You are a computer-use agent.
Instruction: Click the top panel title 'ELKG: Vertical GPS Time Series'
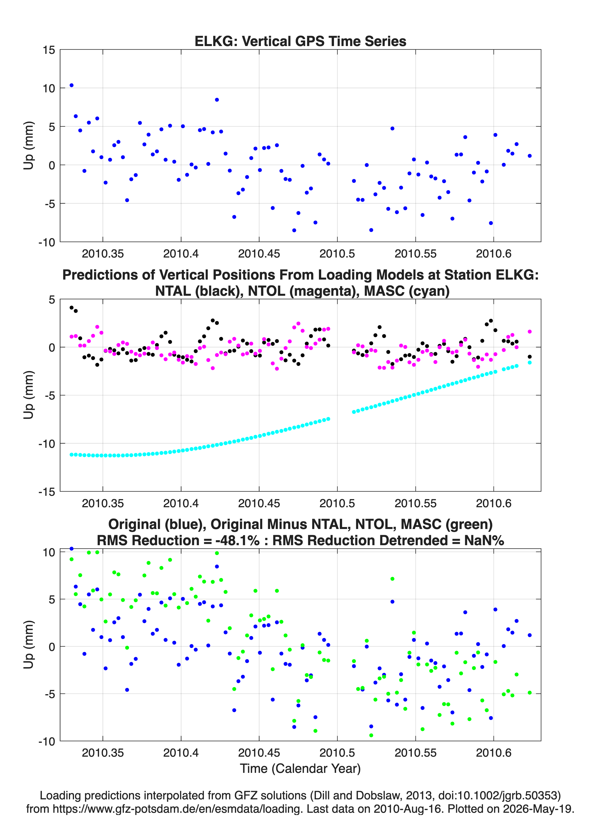[300, 41]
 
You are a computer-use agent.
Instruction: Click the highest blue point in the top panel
[71, 85]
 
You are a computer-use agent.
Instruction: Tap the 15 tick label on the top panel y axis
[49, 50]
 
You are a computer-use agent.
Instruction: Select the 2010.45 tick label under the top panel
[259, 254]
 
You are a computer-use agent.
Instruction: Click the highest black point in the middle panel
[71, 307]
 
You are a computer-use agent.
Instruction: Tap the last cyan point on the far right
[530, 362]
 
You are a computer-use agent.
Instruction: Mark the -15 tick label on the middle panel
[47, 492]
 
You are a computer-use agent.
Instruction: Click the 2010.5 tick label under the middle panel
[337, 503]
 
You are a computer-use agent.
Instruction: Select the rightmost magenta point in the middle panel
[530, 332]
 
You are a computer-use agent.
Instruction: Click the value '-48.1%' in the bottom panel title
[238, 540]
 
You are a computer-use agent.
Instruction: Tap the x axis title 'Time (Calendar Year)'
[300, 768]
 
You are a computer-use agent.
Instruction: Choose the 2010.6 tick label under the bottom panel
[494, 753]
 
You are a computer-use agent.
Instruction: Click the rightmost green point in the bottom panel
[530, 692]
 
